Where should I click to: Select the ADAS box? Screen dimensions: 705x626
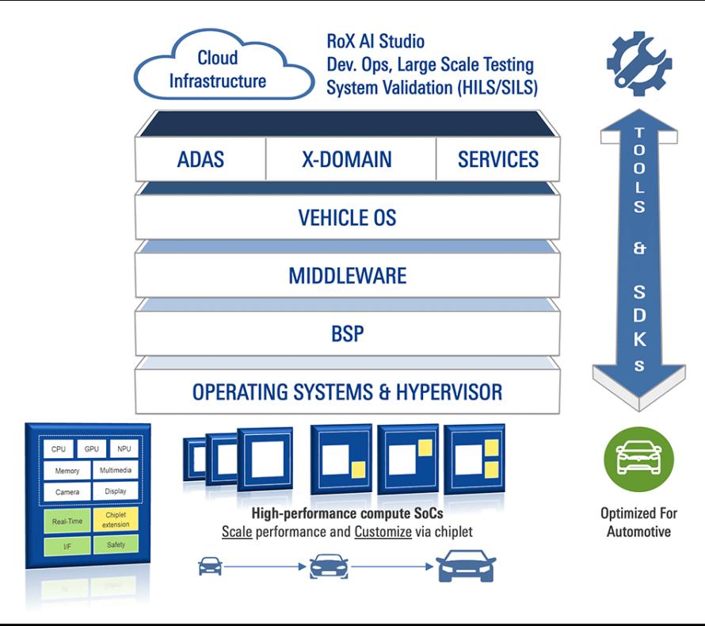200,159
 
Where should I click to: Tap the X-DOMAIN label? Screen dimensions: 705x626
347,159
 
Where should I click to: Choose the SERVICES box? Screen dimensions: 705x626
497,159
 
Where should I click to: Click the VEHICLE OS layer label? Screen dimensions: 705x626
347,218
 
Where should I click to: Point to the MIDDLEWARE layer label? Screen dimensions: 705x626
348,276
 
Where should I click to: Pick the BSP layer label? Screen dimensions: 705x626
348,334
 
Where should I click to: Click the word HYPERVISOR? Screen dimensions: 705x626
448,391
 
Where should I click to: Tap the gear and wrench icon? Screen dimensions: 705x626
639,63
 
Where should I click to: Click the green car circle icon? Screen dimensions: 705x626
638,459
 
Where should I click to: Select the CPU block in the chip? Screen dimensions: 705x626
59,449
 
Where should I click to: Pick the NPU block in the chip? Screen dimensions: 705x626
124,449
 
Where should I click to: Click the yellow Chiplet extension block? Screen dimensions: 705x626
116,519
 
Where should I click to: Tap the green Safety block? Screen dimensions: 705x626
116,544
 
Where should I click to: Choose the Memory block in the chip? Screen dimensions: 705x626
67,471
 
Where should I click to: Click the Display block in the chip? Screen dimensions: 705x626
116,491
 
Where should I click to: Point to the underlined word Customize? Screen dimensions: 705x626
383,532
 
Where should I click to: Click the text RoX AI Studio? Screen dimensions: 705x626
375,41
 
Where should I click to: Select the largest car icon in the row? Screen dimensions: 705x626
467,566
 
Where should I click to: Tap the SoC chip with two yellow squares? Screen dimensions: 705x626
474,459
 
